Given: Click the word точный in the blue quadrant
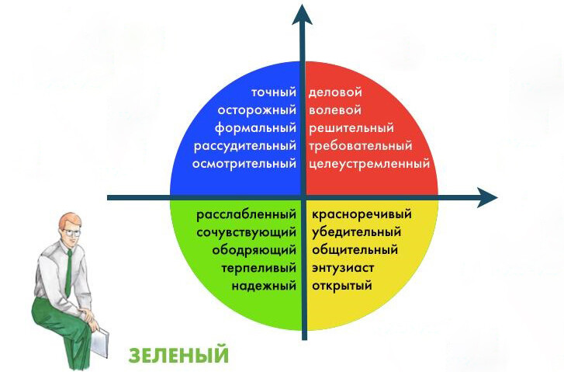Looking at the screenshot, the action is [274, 92].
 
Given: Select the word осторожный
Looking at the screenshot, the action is [257, 110].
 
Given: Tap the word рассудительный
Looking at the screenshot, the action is [245, 146].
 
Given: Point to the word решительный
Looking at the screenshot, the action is [351, 128].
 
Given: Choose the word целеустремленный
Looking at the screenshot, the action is [369, 164].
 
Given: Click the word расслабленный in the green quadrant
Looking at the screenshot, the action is [247, 214].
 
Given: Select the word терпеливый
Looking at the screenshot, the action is [259, 268].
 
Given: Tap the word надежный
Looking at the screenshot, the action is [264, 287].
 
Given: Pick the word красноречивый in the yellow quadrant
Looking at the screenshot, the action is [362, 214].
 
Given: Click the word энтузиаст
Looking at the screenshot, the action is [343, 268].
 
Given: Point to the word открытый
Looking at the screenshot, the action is [342, 287].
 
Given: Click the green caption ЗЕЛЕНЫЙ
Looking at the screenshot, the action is [178, 355].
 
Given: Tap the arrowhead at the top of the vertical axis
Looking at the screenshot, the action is [302, 15].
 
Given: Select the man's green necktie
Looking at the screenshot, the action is [68, 273].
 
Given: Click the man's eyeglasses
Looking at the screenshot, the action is [71, 233].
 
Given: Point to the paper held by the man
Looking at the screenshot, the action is [99, 342].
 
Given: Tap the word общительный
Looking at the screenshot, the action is [355, 250].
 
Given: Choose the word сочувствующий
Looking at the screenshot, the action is [247, 233].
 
